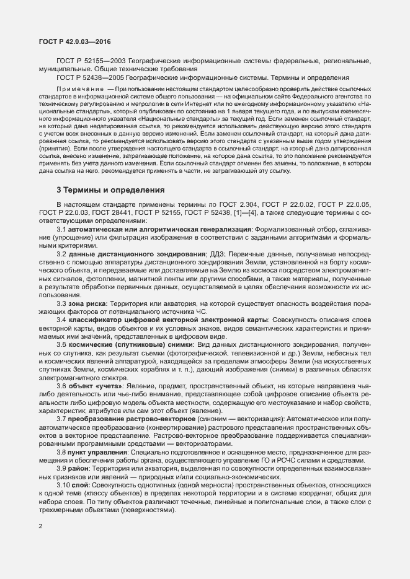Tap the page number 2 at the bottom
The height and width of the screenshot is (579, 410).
(x=40, y=526)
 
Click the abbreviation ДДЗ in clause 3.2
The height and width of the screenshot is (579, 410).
(x=218, y=254)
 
